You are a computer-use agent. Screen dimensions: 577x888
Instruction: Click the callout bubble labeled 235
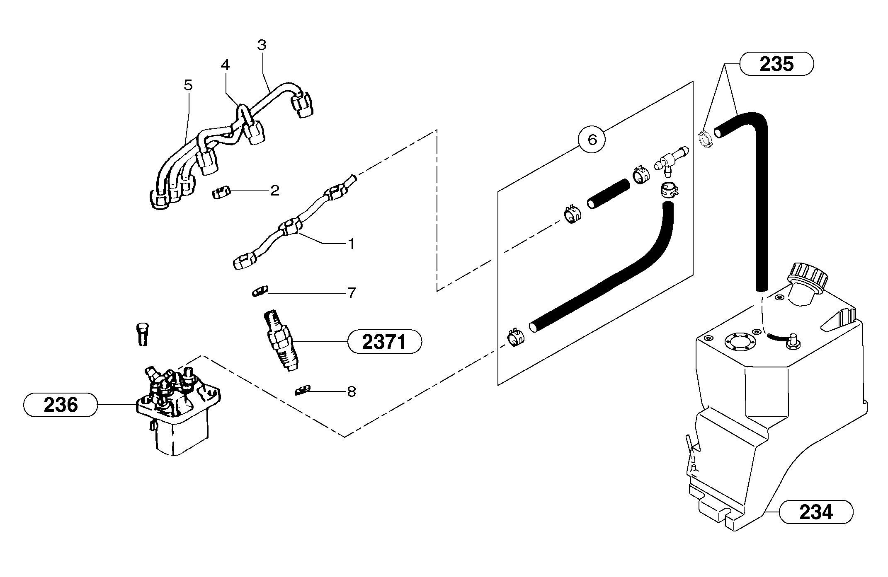[x=776, y=64]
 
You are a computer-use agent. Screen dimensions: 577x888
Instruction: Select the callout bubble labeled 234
[x=816, y=512]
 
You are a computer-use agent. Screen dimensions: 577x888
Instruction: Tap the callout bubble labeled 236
[x=61, y=405]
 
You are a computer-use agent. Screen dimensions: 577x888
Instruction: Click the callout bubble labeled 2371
[x=384, y=342]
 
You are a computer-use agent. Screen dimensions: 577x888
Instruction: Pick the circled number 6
[x=592, y=140]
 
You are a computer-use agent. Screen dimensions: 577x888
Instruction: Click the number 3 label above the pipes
[x=261, y=45]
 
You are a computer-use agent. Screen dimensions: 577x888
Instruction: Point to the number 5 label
[x=188, y=85]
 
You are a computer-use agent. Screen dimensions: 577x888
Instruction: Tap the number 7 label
[x=352, y=293]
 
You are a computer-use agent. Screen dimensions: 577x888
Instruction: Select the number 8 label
[x=352, y=391]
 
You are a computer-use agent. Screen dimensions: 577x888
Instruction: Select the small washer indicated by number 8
[x=302, y=390]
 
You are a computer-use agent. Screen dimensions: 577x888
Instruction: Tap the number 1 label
[x=352, y=244]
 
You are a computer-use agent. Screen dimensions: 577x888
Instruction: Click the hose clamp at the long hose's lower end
[x=515, y=337]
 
